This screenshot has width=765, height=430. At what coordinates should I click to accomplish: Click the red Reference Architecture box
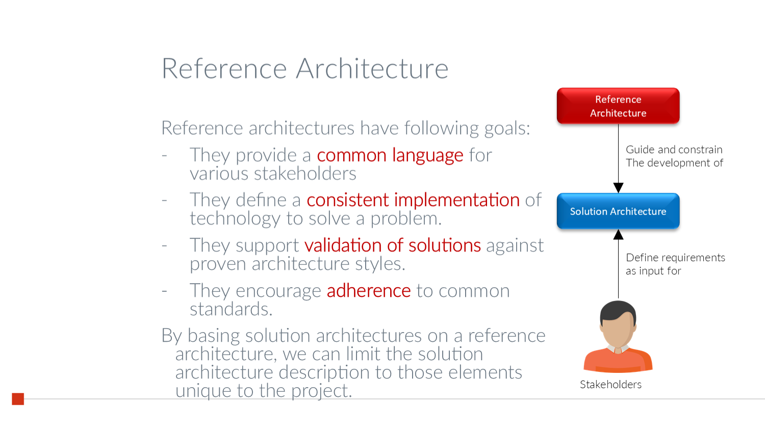tap(618, 106)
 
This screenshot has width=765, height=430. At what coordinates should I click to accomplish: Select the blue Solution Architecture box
tap(618, 211)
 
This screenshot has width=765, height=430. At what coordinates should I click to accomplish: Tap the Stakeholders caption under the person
tap(610, 385)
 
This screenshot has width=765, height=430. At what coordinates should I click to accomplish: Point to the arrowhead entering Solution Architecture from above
tap(618, 188)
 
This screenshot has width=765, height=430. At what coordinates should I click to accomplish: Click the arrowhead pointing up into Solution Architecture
tap(618, 235)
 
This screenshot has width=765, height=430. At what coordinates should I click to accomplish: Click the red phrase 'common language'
tap(390, 155)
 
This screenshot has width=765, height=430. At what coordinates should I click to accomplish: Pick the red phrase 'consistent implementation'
tap(413, 200)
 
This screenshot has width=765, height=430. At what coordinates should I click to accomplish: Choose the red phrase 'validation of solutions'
tap(392, 245)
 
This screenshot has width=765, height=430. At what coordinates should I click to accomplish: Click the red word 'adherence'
tap(368, 291)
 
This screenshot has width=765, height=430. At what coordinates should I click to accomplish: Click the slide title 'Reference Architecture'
tap(304, 68)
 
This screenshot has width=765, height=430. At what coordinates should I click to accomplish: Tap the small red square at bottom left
tap(18, 399)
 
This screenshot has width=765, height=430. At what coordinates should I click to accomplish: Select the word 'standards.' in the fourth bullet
tap(231, 309)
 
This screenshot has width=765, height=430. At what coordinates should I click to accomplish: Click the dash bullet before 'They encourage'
tap(164, 291)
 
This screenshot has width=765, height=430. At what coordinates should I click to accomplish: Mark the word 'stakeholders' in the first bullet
tap(305, 174)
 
